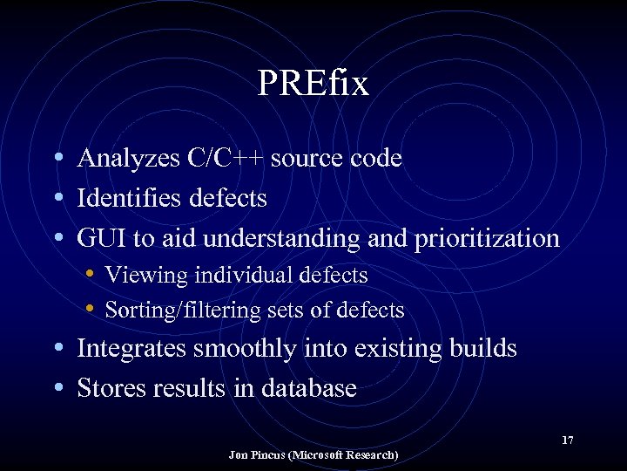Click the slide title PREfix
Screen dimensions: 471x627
click(313, 84)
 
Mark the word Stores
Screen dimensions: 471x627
click(108, 388)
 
